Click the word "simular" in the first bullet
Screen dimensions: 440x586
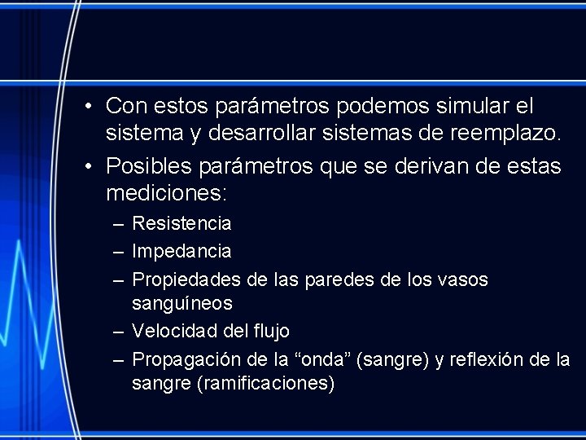474,106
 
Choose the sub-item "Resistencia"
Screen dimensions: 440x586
181,223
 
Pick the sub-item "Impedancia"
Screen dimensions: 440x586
181,251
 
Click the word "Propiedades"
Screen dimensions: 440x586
186,279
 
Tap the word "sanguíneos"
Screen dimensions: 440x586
182,303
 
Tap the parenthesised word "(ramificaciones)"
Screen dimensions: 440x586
265,383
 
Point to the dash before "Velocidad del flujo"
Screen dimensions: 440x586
118,331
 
